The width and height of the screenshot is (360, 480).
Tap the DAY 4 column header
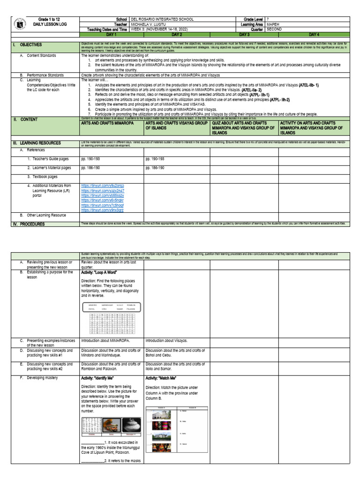coord(314,34)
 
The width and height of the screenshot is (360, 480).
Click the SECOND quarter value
coord(276,29)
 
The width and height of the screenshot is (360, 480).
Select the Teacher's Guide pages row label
coord(49,159)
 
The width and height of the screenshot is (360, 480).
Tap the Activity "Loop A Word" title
coord(99,272)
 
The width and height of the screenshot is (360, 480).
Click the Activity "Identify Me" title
coord(100,377)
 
